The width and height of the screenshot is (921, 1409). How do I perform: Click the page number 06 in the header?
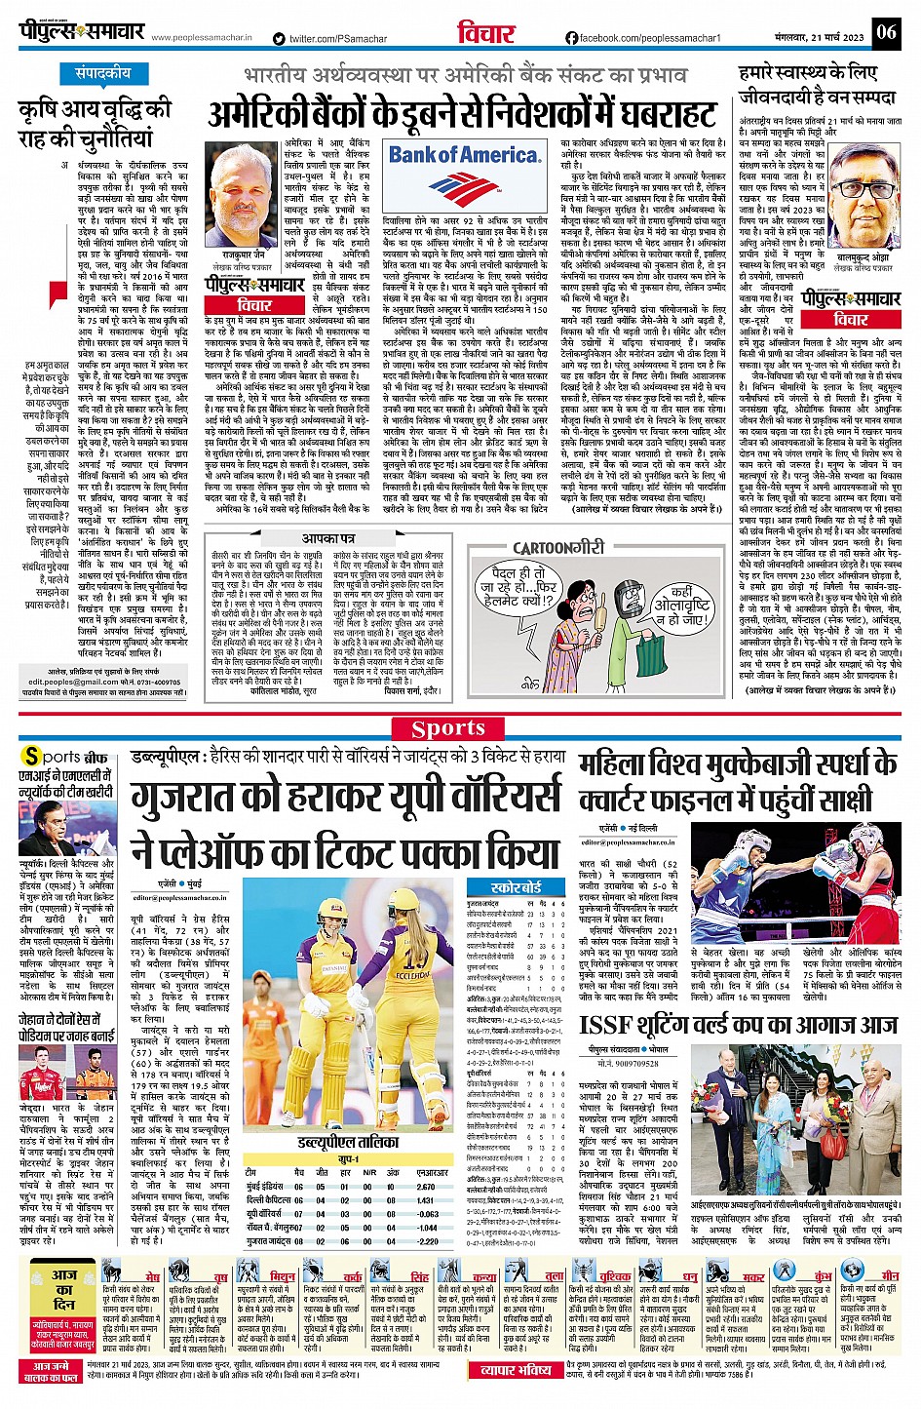click(885, 32)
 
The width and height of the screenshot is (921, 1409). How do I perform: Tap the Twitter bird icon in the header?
click(280, 39)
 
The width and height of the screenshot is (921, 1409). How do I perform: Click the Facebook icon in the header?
click(571, 38)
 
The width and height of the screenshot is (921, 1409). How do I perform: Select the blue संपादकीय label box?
click(102, 74)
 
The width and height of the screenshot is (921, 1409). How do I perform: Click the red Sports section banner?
click(448, 728)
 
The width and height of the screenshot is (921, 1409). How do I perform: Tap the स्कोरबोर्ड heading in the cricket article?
click(517, 888)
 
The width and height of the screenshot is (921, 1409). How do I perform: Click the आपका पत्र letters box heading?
click(327, 537)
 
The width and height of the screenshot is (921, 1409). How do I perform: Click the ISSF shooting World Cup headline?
click(738, 1024)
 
